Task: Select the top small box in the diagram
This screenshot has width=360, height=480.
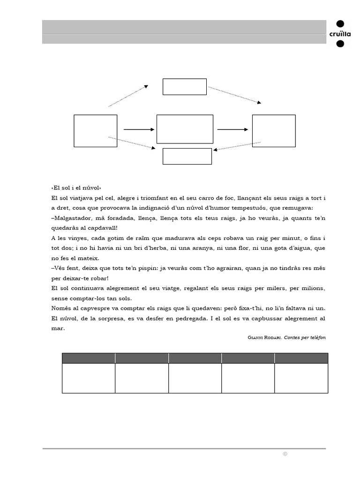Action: point(184,87)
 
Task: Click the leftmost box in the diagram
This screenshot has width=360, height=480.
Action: point(96,131)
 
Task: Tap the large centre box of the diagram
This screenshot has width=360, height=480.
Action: point(185,129)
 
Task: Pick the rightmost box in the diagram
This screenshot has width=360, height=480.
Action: point(274,131)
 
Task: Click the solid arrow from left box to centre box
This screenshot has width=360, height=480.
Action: point(139,129)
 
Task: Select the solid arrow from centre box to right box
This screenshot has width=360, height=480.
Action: point(232,129)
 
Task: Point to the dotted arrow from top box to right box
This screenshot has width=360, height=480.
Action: point(234,95)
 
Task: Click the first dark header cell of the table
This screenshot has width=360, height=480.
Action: point(89,358)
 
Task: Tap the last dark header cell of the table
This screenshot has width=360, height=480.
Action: point(301,358)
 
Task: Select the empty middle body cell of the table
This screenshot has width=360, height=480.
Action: point(195,378)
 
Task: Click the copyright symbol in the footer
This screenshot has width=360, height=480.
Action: point(284,454)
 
